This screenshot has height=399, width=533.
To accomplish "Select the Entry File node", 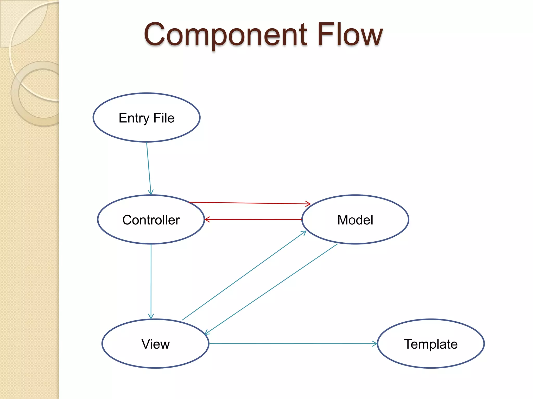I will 147,118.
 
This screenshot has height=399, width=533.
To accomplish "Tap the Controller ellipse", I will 151,220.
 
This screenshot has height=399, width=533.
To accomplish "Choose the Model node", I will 355,220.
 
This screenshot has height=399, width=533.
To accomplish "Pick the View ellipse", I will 155,344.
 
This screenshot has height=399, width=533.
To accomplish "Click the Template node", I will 431,344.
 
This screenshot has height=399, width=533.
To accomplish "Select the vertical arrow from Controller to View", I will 151,281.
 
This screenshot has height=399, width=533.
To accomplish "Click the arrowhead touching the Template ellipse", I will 375,344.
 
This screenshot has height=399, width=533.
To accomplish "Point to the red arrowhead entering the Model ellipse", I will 308,204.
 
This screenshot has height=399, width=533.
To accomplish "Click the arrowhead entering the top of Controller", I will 151,192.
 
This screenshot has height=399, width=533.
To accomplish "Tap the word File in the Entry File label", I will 164,118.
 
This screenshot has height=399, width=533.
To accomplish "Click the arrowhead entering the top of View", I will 151,316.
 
